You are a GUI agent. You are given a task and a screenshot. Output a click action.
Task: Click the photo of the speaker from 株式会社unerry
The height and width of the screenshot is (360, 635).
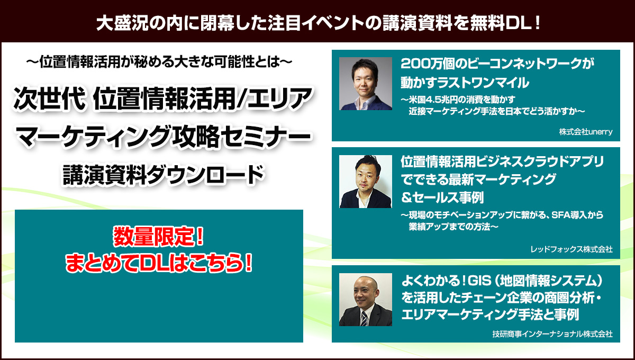pos(366,84)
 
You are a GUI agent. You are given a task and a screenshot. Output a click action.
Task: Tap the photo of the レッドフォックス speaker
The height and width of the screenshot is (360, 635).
pos(366,182)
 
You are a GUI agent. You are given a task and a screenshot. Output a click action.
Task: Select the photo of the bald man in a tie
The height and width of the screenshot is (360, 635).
pos(366,300)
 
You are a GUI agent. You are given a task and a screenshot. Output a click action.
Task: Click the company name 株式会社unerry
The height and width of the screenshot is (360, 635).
pos(586,132)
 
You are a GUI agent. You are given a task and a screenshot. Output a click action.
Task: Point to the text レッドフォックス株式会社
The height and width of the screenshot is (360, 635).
pos(571,249)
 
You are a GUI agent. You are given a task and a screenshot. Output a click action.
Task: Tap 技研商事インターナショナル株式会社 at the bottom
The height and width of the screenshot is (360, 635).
pos(552,334)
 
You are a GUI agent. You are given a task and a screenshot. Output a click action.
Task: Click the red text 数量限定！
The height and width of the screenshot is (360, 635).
pos(158,236)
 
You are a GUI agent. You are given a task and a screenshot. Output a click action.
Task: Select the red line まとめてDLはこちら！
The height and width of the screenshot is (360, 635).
pos(159,263)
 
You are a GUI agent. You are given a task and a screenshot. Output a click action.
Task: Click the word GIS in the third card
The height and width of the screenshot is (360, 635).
pos(479,281)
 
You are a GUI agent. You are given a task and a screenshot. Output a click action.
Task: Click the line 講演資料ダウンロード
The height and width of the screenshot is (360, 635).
pos(164,175)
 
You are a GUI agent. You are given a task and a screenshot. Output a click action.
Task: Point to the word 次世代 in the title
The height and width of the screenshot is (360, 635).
pos(49,98)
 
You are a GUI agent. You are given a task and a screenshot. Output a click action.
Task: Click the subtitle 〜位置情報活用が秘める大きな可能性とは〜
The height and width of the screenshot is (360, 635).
pos(159,62)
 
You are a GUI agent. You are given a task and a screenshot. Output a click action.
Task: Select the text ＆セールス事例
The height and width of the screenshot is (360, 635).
pos(442,197)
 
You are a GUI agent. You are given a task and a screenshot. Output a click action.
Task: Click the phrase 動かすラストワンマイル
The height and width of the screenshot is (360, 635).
pos(465,83)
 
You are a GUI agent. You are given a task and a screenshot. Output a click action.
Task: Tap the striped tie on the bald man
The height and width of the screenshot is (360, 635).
pos(364,319)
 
